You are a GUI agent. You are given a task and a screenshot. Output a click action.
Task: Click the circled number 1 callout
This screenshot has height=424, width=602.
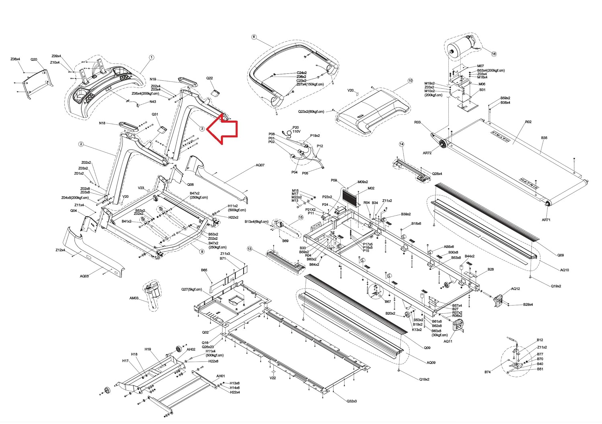click(x=152, y=57)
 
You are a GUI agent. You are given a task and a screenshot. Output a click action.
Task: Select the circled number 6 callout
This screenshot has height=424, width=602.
click(x=254, y=37)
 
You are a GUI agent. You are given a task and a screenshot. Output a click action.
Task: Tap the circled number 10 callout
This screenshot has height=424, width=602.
click(x=410, y=81)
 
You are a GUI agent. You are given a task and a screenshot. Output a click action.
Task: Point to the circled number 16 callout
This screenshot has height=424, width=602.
click(x=494, y=54)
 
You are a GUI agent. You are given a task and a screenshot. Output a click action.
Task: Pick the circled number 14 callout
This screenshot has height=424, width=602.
click(x=401, y=144)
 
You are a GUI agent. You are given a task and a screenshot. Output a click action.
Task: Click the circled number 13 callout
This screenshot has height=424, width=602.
click(x=249, y=249)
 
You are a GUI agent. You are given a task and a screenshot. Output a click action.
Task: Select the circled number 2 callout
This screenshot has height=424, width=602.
click(x=81, y=144)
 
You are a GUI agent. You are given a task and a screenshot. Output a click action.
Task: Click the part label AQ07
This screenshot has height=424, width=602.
click(x=260, y=165)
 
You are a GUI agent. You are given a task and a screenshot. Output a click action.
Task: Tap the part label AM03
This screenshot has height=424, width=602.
click(x=134, y=298)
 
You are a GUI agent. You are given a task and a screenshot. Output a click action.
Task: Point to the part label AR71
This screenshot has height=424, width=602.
click(x=546, y=220)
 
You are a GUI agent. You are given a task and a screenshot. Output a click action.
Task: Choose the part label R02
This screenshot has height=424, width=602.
click(x=528, y=122)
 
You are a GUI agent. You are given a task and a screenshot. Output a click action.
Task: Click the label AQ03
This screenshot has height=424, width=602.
click(x=84, y=276)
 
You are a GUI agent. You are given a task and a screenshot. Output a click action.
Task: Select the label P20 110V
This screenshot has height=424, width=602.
click(x=296, y=129)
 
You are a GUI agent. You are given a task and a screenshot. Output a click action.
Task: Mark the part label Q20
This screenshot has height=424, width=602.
click(x=34, y=59)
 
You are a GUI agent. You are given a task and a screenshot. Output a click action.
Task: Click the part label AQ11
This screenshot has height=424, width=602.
click(x=448, y=341)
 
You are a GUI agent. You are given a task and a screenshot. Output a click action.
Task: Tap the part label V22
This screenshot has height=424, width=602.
click(x=273, y=378)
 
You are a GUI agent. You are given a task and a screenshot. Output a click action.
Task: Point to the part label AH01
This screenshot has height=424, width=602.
click(x=220, y=376)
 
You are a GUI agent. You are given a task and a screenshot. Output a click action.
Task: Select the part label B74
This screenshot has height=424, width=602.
click(x=487, y=372)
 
